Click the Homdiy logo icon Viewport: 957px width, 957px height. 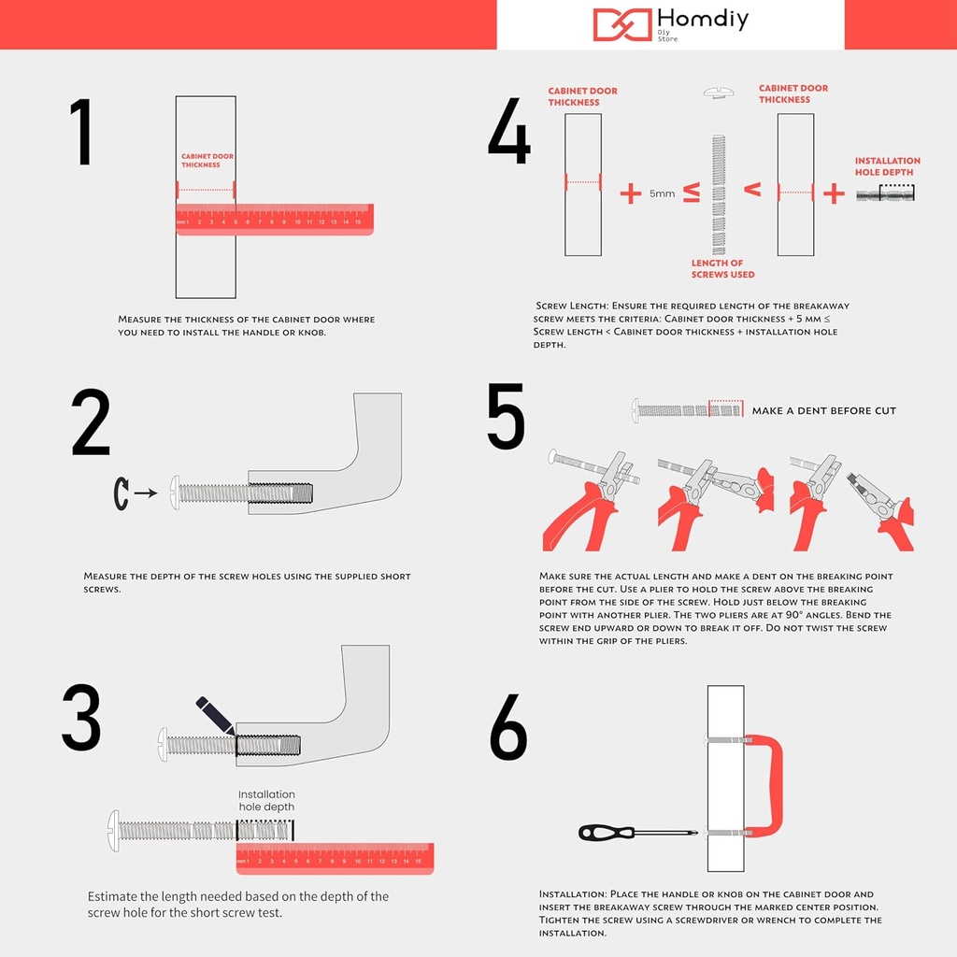622,24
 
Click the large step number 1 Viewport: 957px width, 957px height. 82,133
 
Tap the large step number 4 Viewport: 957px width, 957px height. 509,132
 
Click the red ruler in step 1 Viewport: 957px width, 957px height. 275,220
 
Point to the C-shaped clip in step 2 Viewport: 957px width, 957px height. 121,493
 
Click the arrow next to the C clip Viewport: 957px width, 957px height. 145,493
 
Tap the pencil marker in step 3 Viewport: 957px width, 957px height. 215,716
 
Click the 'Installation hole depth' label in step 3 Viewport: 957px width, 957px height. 266,801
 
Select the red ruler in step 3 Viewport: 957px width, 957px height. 335,858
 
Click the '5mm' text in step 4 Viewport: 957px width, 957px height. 662,193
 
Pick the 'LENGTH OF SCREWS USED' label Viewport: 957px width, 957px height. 722,269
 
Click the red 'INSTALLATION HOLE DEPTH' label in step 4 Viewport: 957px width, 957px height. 887,166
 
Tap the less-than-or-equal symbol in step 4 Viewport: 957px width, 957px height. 691,193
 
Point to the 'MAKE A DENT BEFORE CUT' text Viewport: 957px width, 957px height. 823,410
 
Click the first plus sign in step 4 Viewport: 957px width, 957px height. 631,193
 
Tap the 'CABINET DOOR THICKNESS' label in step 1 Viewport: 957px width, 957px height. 207,161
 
